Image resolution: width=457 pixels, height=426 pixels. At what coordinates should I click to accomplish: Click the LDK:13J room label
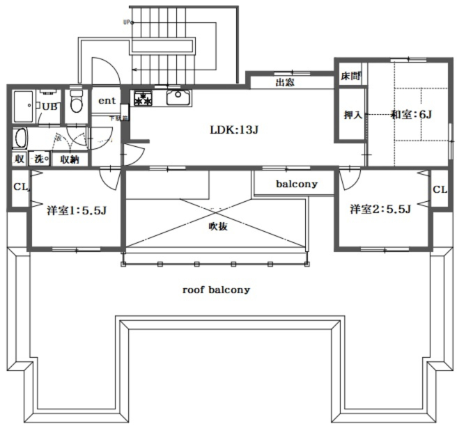click(235, 129)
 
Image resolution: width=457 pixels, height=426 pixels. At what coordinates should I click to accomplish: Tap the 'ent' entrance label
click(107, 100)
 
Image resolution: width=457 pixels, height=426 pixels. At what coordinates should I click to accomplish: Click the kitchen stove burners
click(144, 98)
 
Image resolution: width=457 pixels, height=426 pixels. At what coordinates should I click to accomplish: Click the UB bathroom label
click(49, 106)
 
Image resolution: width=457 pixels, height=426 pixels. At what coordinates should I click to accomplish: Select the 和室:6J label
click(412, 113)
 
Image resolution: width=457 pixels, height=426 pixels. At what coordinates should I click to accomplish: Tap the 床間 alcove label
click(350, 76)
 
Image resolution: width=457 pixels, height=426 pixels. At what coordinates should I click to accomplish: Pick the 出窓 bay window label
click(284, 84)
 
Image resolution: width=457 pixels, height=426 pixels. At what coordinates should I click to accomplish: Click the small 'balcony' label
click(297, 184)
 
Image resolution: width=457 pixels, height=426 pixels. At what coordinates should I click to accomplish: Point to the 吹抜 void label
click(218, 226)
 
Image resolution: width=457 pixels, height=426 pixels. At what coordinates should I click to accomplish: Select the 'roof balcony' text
click(216, 290)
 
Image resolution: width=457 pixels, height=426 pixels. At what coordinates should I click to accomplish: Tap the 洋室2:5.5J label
click(380, 209)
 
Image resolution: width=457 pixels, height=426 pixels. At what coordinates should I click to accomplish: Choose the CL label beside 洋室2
click(439, 189)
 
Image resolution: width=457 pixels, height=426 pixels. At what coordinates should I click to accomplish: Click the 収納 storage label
click(69, 159)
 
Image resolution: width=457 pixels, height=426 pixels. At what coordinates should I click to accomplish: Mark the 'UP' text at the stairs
click(127, 22)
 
